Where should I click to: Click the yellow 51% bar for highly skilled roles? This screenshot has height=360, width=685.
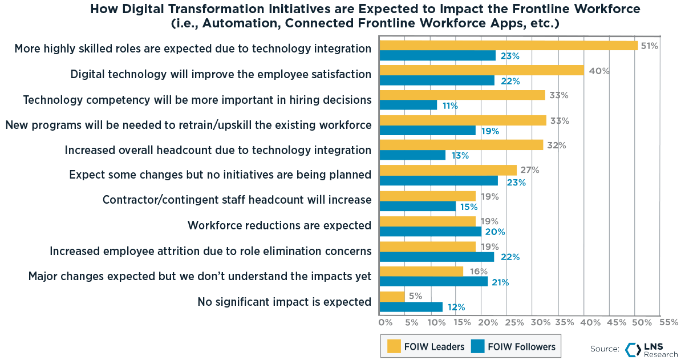[509, 46]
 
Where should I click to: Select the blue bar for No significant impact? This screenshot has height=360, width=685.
[411, 307]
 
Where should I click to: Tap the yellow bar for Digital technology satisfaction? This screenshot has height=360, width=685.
[481, 70]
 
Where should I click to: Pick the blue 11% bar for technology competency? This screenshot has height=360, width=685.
[408, 106]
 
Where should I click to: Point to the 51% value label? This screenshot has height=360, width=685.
[649, 46]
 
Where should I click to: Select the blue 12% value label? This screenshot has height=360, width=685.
[455, 308]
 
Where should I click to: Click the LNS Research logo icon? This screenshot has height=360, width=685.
[633, 350]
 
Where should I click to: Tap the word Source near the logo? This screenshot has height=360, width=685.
[605, 349]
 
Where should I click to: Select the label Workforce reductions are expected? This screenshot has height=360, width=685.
[279, 225]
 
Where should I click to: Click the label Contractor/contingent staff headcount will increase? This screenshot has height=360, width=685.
[237, 200]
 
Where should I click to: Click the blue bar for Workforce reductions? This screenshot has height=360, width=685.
[431, 232]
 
